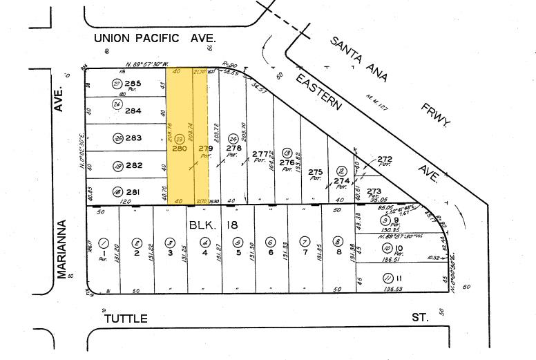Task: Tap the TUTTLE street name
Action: pyautogui.click(x=126, y=319)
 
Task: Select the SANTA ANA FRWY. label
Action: pyautogui.click(x=390, y=82)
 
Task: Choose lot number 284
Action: pyautogui.click(x=133, y=111)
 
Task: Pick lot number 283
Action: pyautogui.click(x=133, y=138)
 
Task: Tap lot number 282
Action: pyautogui.click(x=133, y=165)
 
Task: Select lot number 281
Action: pyautogui.click(x=133, y=191)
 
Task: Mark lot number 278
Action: pyautogui.click(x=234, y=147)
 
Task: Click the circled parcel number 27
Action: pyautogui.click(x=117, y=84)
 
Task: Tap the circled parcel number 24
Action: pyautogui.click(x=234, y=138)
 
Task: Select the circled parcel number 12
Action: pyautogui.click(x=341, y=171)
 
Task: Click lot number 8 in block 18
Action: pyautogui.click(x=338, y=253)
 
